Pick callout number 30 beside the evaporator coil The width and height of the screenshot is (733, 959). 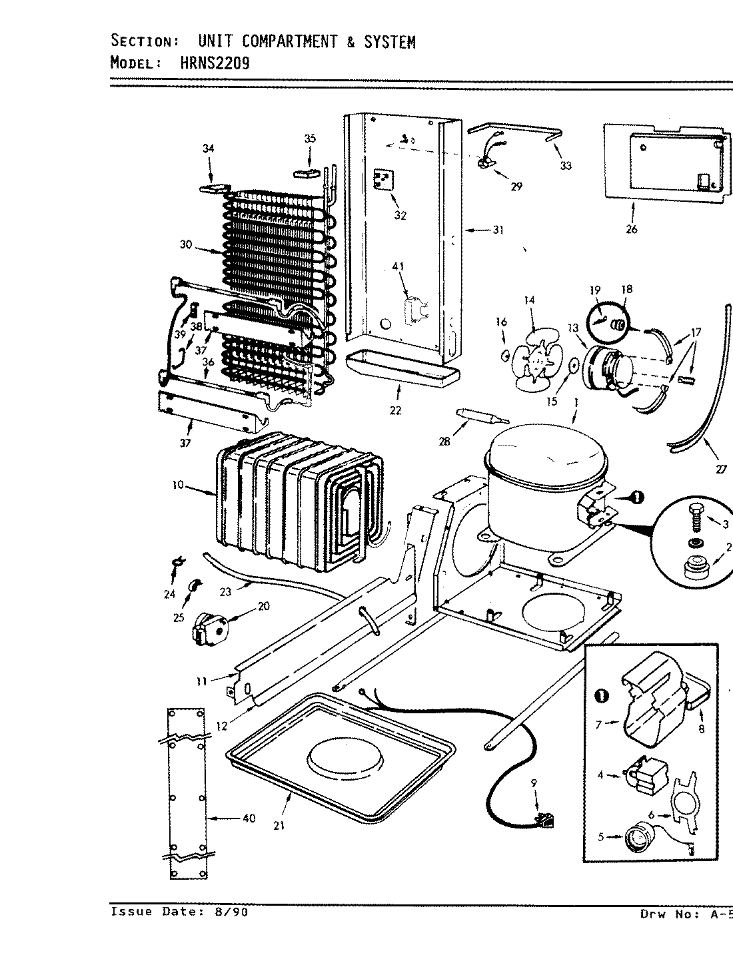click(185, 244)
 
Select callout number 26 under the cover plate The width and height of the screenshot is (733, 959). click(631, 229)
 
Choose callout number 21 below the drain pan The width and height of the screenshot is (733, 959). click(278, 825)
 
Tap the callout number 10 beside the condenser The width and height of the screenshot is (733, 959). click(177, 485)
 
